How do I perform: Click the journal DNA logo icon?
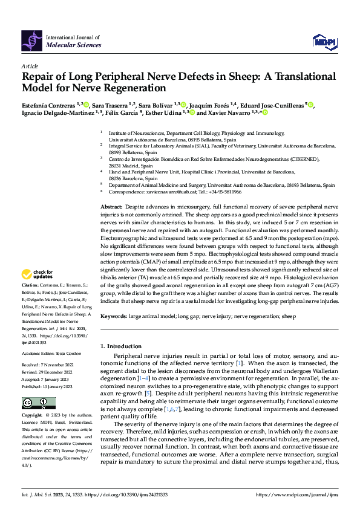32,39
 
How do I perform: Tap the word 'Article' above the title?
30,65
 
